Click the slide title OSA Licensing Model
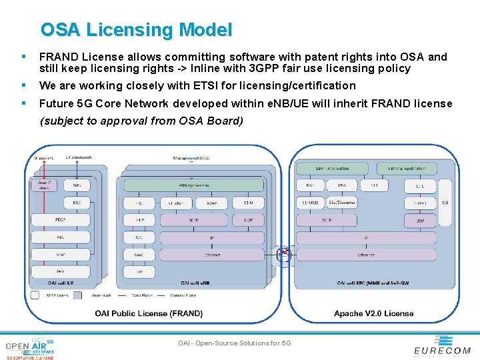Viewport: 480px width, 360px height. coord(136,30)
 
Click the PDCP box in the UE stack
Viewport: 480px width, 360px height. coord(60,219)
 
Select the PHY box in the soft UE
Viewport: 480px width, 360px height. coord(60,271)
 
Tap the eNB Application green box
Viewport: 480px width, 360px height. coord(193,185)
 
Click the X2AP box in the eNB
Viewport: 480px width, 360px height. coord(213,202)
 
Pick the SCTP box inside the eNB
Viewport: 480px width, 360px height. coord(193,219)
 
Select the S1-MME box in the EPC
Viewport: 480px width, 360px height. coord(311,202)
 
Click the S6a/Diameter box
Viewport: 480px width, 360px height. coord(342,202)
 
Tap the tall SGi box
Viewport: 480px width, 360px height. coord(445,202)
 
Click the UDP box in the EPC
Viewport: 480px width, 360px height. coord(420,219)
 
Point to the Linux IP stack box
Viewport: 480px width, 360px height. coord(44,185)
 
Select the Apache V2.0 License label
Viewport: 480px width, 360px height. coord(373,313)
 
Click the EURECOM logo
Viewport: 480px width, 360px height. coord(442,346)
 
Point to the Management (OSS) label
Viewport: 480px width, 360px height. coord(191,158)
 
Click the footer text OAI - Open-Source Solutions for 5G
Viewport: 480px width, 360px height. coord(235,343)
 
